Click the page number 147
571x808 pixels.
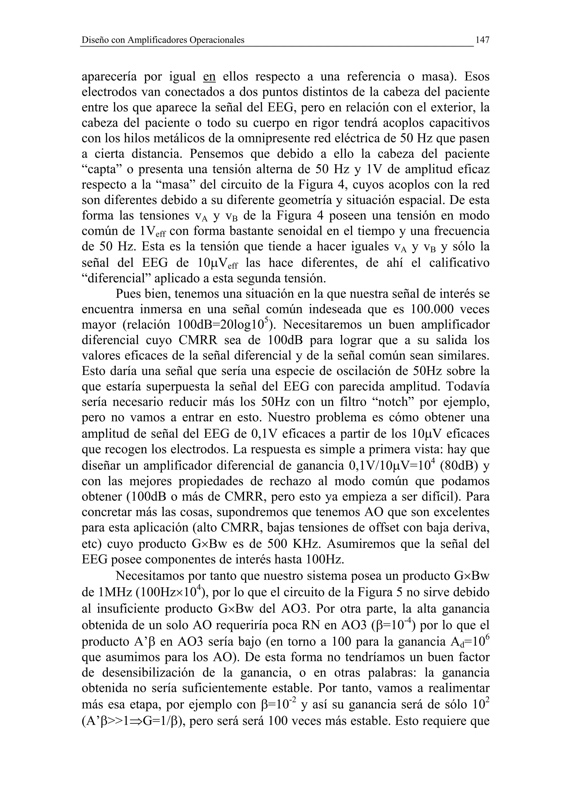[482, 40]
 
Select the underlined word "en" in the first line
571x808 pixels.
[209, 77]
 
